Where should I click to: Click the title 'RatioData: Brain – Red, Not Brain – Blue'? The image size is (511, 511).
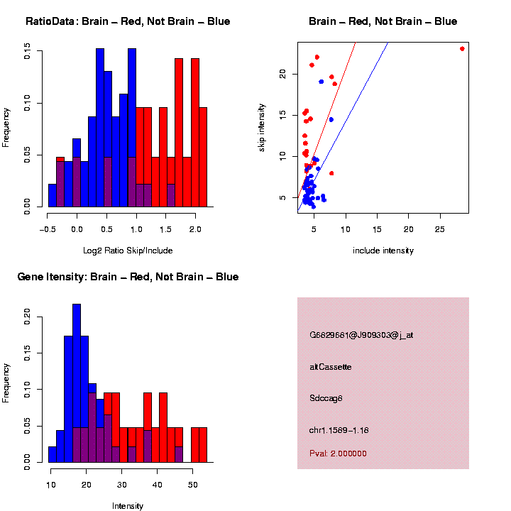[128, 21]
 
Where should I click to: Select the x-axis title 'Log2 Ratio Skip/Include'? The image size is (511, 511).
[128, 251]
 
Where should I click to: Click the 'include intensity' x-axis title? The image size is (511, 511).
[383, 251]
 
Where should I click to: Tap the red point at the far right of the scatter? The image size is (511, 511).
[462, 49]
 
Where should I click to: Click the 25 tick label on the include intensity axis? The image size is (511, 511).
[439, 229]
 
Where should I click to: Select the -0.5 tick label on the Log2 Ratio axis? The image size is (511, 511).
[48, 229]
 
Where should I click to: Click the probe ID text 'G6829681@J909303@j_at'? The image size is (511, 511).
[361, 335]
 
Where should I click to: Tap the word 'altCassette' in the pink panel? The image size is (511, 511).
[331, 367]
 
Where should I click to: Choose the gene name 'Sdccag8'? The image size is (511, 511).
[326, 398]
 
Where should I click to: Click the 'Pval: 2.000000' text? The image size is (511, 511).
[338, 454]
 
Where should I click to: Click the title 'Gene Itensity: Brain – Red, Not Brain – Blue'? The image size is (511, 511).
[128, 277]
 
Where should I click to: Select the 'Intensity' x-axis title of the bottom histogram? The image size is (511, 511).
[128, 506]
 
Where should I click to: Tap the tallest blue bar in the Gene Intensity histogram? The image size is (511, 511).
[77, 383]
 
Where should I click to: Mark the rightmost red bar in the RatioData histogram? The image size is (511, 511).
[203, 157]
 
